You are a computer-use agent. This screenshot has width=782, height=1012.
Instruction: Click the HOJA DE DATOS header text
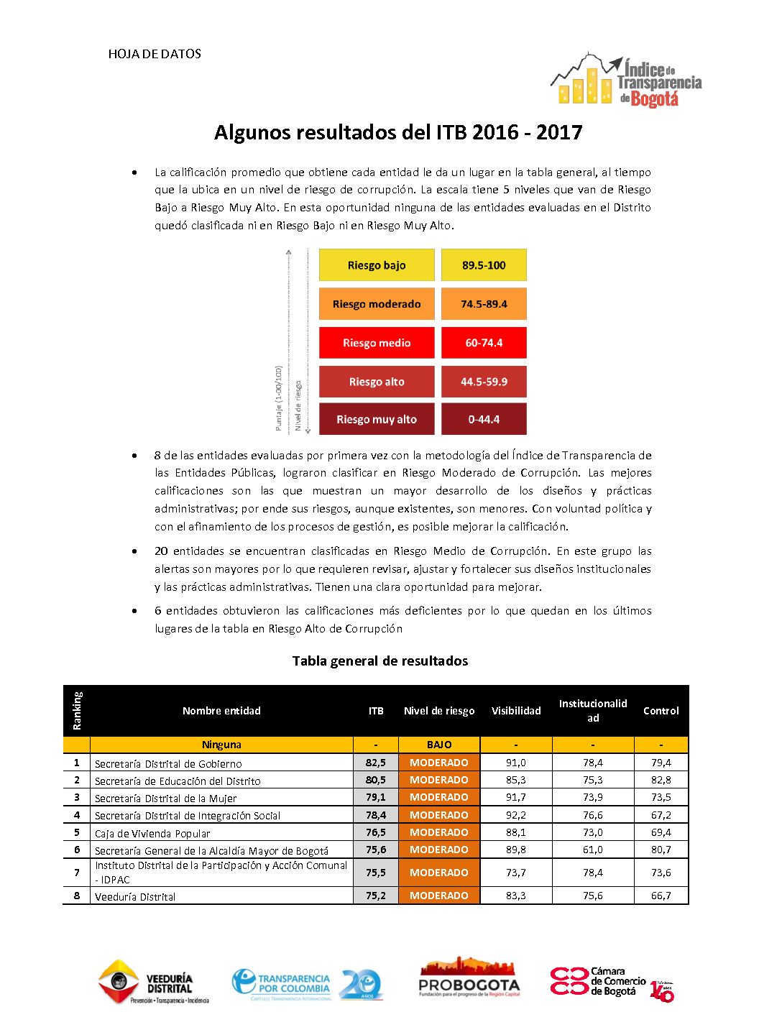155,54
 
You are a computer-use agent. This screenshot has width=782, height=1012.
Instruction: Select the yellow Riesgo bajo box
377,265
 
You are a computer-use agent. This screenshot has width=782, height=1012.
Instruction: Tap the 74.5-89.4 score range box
484,304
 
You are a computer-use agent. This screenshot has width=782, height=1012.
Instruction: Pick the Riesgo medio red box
377,343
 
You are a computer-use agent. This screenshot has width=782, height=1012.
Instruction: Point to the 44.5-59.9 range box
484,382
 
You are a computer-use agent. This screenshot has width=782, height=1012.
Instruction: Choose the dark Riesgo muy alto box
377,419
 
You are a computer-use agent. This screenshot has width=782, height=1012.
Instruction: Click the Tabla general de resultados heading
379,661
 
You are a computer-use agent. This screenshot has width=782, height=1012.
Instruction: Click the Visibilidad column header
516,711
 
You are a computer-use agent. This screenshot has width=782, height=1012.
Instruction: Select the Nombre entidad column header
221,711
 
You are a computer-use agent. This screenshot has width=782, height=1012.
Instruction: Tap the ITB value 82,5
376,763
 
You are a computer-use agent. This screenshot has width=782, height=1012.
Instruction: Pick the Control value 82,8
661,780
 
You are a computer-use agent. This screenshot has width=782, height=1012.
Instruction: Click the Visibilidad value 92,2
516,815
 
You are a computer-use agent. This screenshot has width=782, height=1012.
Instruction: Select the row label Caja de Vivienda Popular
152,834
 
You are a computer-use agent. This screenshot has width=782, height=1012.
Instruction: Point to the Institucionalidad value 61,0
593,850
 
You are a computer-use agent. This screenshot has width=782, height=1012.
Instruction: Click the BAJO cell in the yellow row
439,745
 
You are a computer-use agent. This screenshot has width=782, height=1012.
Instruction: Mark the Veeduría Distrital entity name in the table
135,897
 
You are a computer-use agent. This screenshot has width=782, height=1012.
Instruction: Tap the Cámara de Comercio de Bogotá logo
612,982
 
